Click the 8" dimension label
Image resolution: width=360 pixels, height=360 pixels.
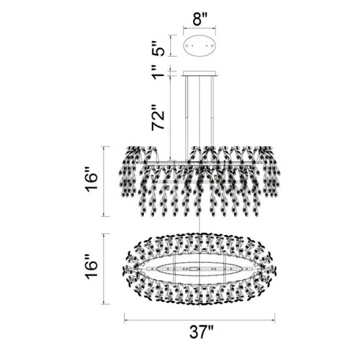point(200,19)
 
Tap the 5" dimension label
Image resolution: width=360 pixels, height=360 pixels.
point(158,48)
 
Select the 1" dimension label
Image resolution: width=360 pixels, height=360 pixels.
point(158,72)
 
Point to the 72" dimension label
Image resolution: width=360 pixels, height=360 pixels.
point(158,117)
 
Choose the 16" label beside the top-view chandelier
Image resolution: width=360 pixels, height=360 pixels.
point(92,266)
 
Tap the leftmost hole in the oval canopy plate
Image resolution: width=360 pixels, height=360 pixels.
point(187,46)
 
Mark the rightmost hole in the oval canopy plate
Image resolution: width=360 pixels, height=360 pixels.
point(213,46)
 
